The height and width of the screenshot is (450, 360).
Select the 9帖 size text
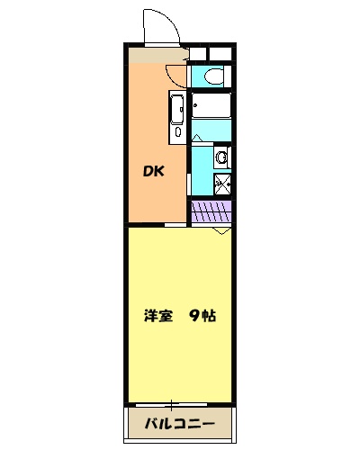click(202, 316)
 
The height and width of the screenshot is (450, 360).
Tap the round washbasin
click(221, 158)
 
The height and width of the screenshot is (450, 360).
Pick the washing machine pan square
click(221, 186)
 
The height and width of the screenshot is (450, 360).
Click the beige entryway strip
click(157, 55)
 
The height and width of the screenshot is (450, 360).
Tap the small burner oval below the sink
click(177, 132)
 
